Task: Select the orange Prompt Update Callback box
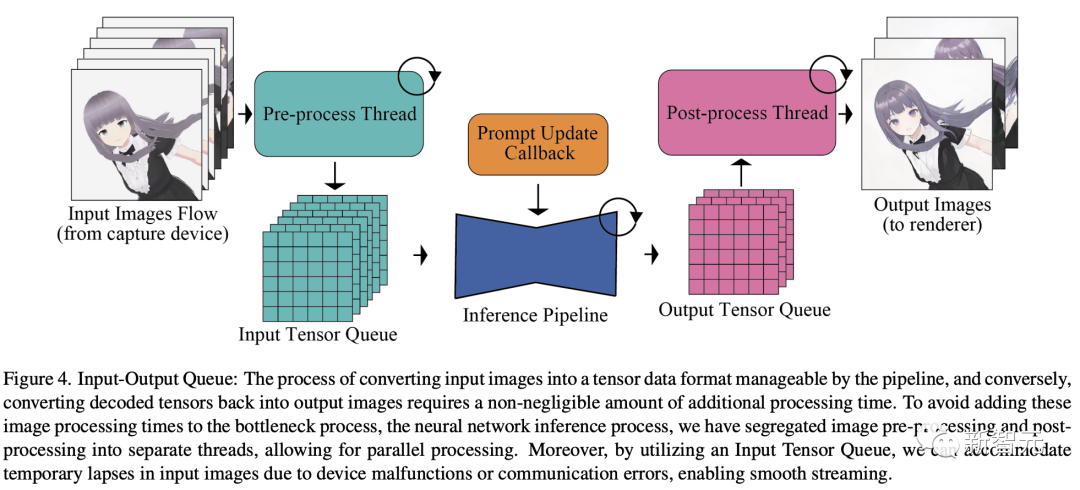pyautogui.click(x=539, y=143)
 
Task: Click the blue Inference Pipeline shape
pyautogui.click(x=540, y=255)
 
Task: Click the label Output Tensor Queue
pyautogui.click(x=744, y=310)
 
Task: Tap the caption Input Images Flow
pyautogui.click(x=143, y=214)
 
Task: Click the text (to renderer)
pyautogui.click(x=932, y=225)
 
